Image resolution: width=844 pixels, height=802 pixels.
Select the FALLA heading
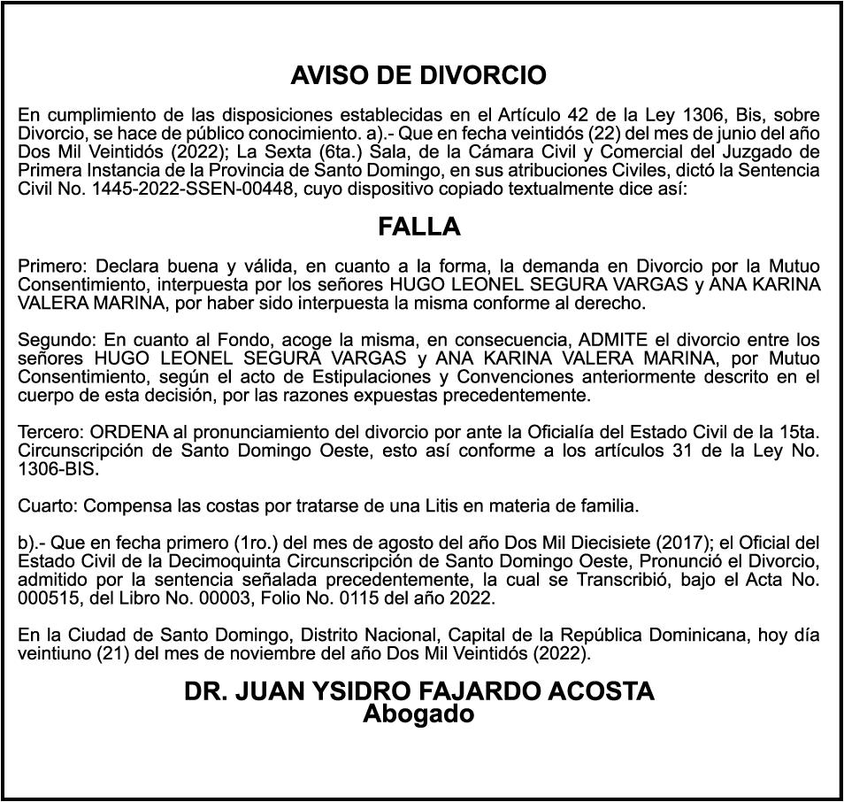tap(419, 227)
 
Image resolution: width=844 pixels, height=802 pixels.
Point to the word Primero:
tap(53, 266)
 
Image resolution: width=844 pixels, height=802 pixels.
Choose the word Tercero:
tap(51, 433)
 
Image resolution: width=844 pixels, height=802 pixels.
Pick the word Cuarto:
tap(48, 506)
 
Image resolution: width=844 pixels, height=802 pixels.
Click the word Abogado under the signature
tap(418, 714)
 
